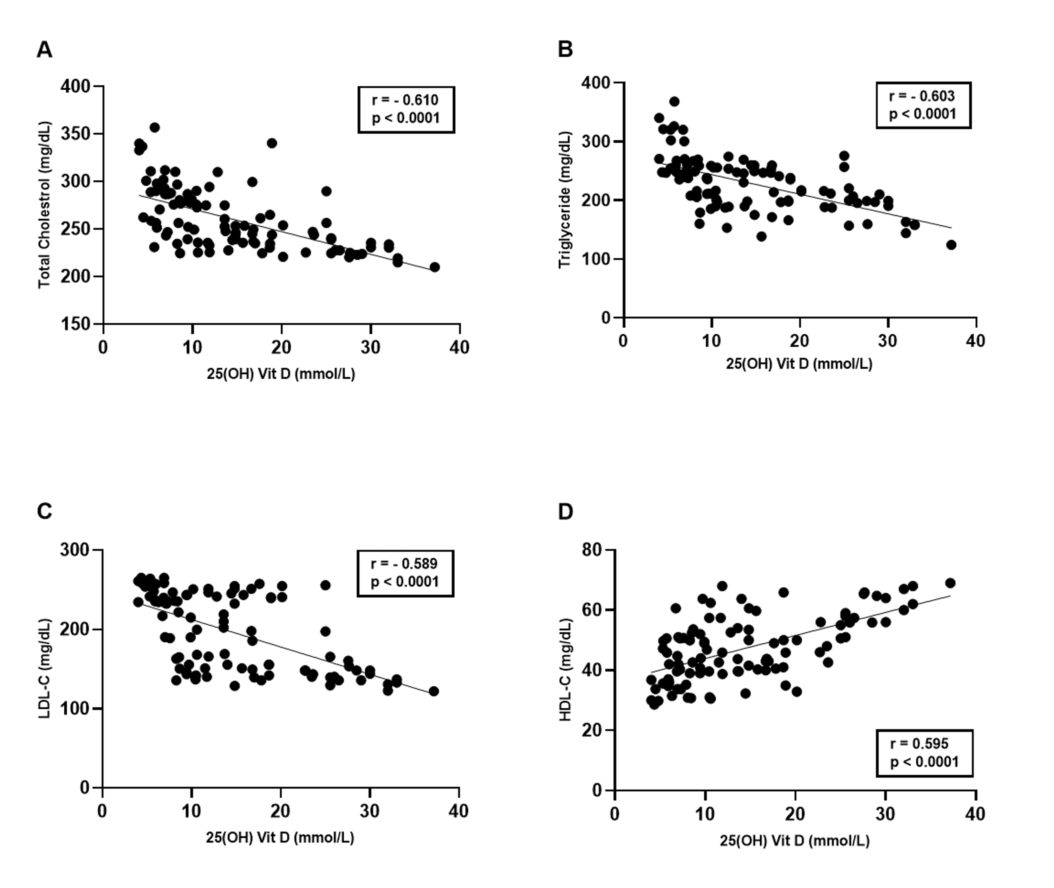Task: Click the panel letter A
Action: pyautogui.click(x=44, y=50)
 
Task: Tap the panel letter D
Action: pyautogui.click(x=566, y=511)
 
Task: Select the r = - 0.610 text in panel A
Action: pyautogui.click(x=405, y=100)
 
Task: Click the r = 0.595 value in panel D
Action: pyautogui.click(x=919, y=744)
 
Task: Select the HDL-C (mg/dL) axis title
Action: pyautogui.click(x=566, y=670)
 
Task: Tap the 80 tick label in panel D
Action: pyautogui.click(x=592, y=550)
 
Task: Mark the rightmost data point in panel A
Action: pyautogui.click(x=435, y=267)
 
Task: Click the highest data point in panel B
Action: pyautogui.click(x=674, y=102)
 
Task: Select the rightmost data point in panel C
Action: pyautogui.click(x=434, y=691)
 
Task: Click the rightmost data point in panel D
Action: pyautogui.click(x=950, y=583)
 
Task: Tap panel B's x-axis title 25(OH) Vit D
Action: pyautogui.click(x=799, y=363)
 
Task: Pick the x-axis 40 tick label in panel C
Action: pyautogui.click(x=458, y=811)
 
